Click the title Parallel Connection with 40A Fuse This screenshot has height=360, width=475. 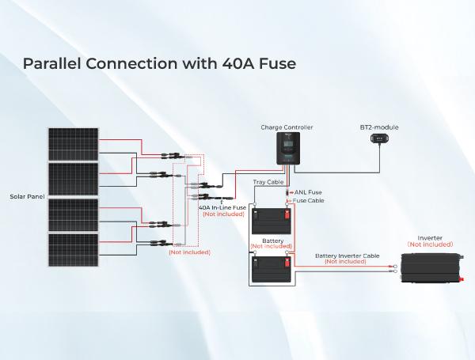[159, 63]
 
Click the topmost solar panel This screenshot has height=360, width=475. [74, 142]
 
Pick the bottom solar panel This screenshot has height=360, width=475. [74, 250]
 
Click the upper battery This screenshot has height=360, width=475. [271, 222]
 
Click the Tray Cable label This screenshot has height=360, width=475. [268, 183]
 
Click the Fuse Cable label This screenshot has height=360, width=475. [309, 201]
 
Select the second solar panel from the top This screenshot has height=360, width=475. [74, 180]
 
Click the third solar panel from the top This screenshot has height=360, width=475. [74, 215]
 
